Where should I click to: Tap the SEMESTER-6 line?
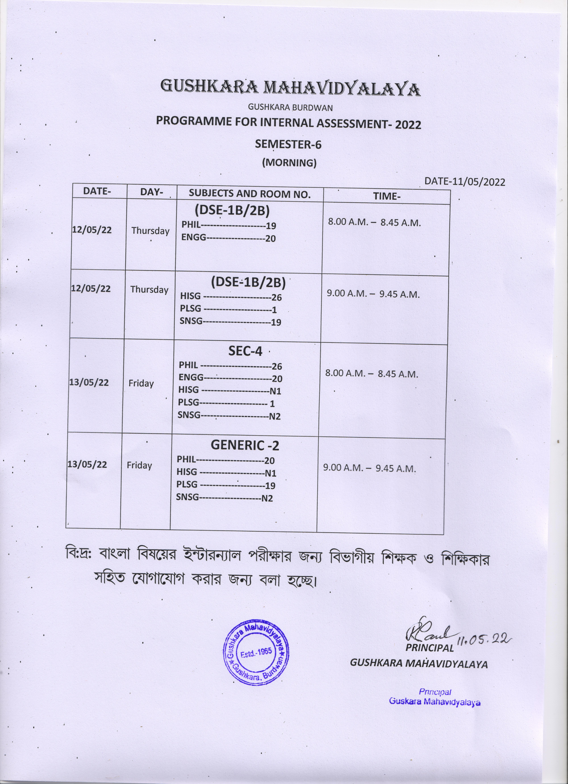(x=288, y=144)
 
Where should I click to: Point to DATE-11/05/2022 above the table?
(x=464, y=182)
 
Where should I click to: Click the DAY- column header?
(x=152, y=192)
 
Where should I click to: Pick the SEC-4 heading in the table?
(x=245, y=351)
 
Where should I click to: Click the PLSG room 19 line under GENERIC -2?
(x=226, y=485)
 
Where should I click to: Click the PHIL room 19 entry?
(x=229, y=225)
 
